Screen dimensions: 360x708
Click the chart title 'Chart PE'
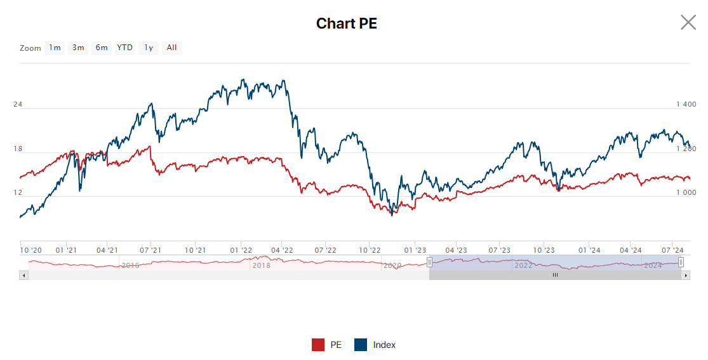347,23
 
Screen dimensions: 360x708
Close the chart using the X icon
688,23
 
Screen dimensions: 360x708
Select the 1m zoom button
55,48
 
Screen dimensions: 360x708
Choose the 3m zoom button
78,48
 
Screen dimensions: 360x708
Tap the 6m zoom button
102,48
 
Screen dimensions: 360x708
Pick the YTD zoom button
125,48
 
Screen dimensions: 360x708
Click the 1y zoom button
149,48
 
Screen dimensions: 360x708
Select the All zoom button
171,48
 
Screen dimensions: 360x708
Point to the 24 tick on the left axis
18,104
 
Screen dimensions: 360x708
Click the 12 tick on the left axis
18,192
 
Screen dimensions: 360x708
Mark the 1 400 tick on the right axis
686,104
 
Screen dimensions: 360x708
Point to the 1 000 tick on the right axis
686,192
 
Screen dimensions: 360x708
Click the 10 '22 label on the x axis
370,250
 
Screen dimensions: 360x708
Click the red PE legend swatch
318,345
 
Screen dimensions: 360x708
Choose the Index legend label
384,345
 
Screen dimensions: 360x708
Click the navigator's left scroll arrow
24,276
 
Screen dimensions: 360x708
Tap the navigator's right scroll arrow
686,276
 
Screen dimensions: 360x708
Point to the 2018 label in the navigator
261,265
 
